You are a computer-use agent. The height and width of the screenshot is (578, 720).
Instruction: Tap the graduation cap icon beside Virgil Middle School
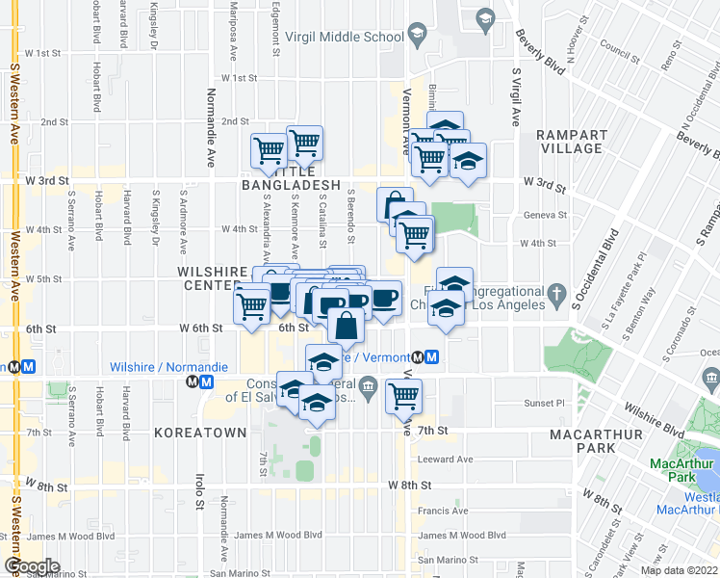click(417, 38)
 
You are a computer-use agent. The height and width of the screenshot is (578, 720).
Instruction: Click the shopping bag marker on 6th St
click(347, 325)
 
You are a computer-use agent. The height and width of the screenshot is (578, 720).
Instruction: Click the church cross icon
click(555, 293)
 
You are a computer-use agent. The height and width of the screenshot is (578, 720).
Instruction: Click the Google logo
click(32, 566)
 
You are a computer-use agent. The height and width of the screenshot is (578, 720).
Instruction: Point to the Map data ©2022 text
click(679, 570)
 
